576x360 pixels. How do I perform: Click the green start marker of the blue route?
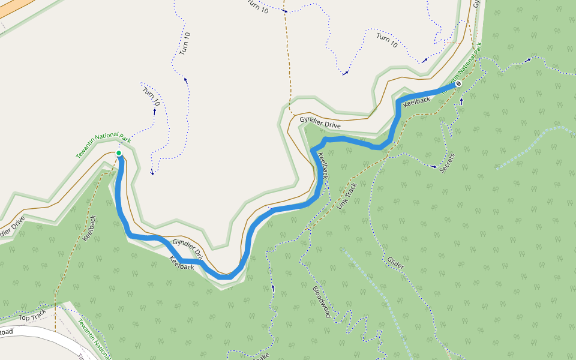(x=119, y=154)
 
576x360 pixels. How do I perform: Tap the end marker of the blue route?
(x=458, y=84)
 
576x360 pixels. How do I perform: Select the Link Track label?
(x=347, y=196)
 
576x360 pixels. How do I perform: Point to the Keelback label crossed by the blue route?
(x=323, y=166)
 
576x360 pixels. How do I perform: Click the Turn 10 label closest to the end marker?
(x=387, y=41)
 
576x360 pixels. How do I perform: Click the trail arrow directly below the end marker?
(x=461, y=101)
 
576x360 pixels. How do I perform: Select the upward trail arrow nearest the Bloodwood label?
(x=273, y=287)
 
